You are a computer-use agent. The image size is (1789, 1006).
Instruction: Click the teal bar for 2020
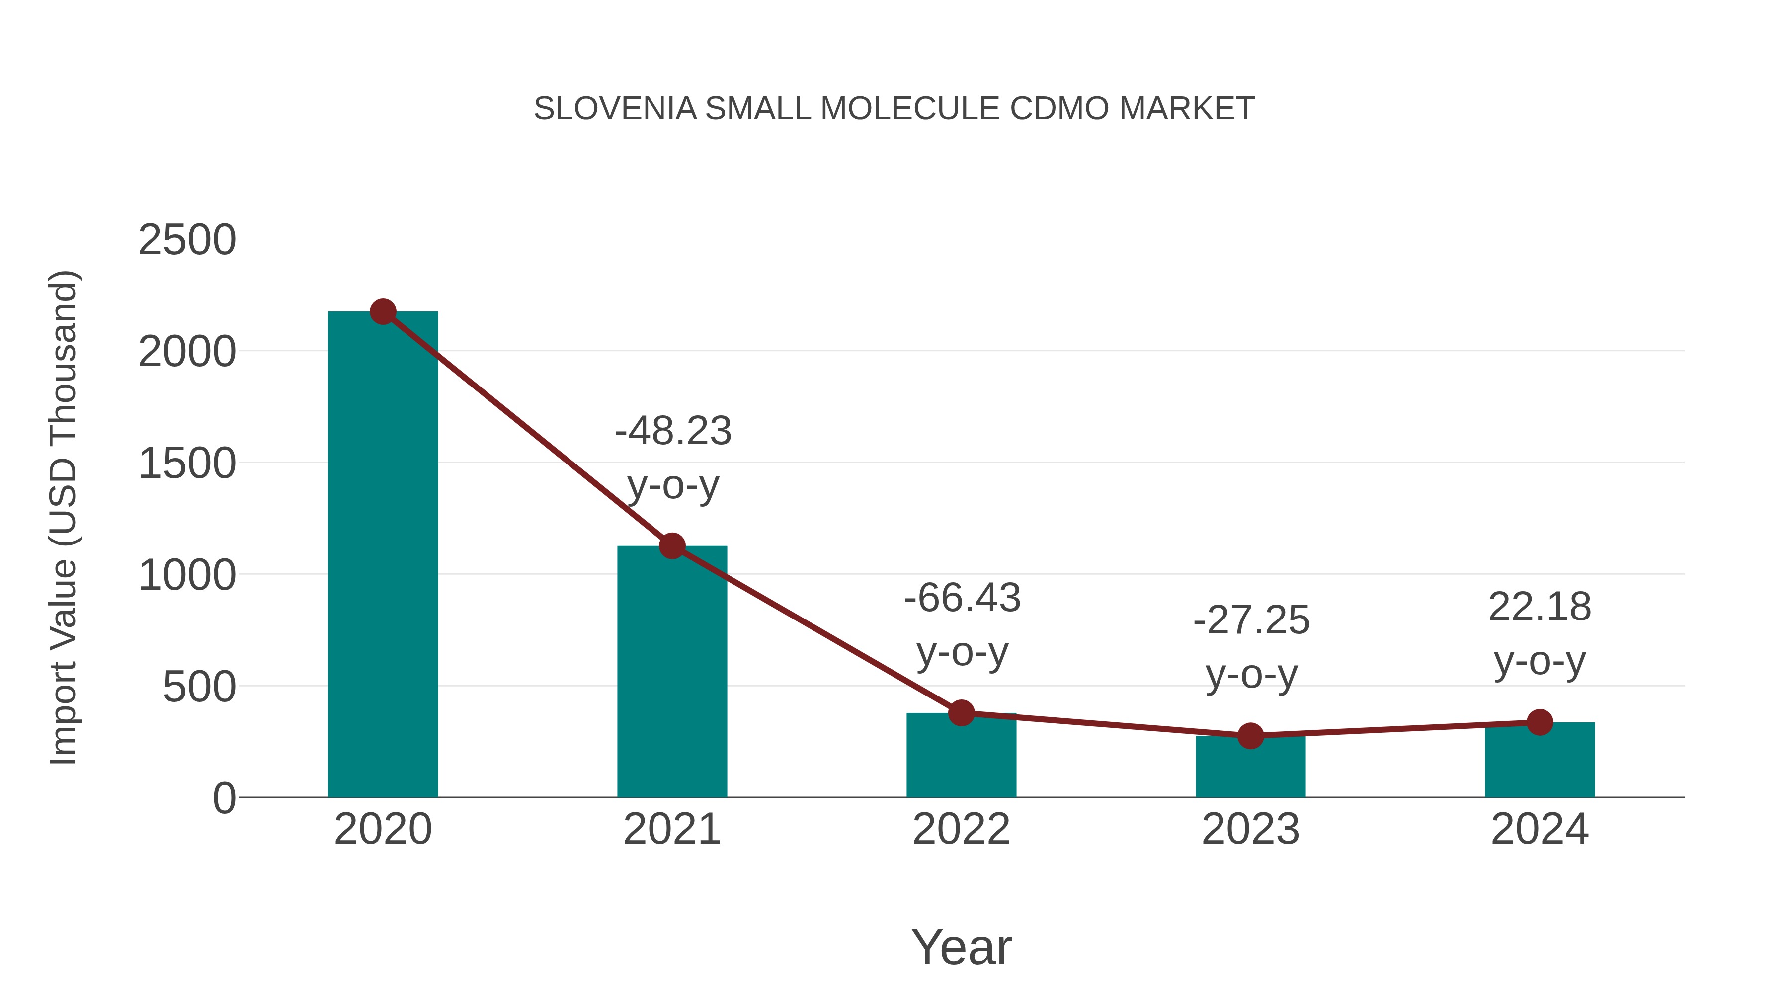(383, 555)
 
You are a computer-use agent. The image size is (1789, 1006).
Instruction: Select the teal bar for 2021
(671, 674)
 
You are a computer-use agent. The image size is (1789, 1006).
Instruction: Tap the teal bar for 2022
(961, 757)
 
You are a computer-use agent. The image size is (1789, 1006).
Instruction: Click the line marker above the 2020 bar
(383, 311)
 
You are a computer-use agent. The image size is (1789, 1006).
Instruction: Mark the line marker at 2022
(961, 712)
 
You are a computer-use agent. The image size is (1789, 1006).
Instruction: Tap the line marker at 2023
(1250, 736)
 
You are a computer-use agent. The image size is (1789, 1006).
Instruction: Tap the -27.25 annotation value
(1251, 620)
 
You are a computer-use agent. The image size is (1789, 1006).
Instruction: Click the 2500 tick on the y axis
(187, 240)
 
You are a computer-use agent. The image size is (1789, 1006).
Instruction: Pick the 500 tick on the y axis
(199, 688)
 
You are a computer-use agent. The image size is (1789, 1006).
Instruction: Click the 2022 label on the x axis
(961, 829)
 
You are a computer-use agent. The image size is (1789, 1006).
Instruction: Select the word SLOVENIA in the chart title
(615, 109)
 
